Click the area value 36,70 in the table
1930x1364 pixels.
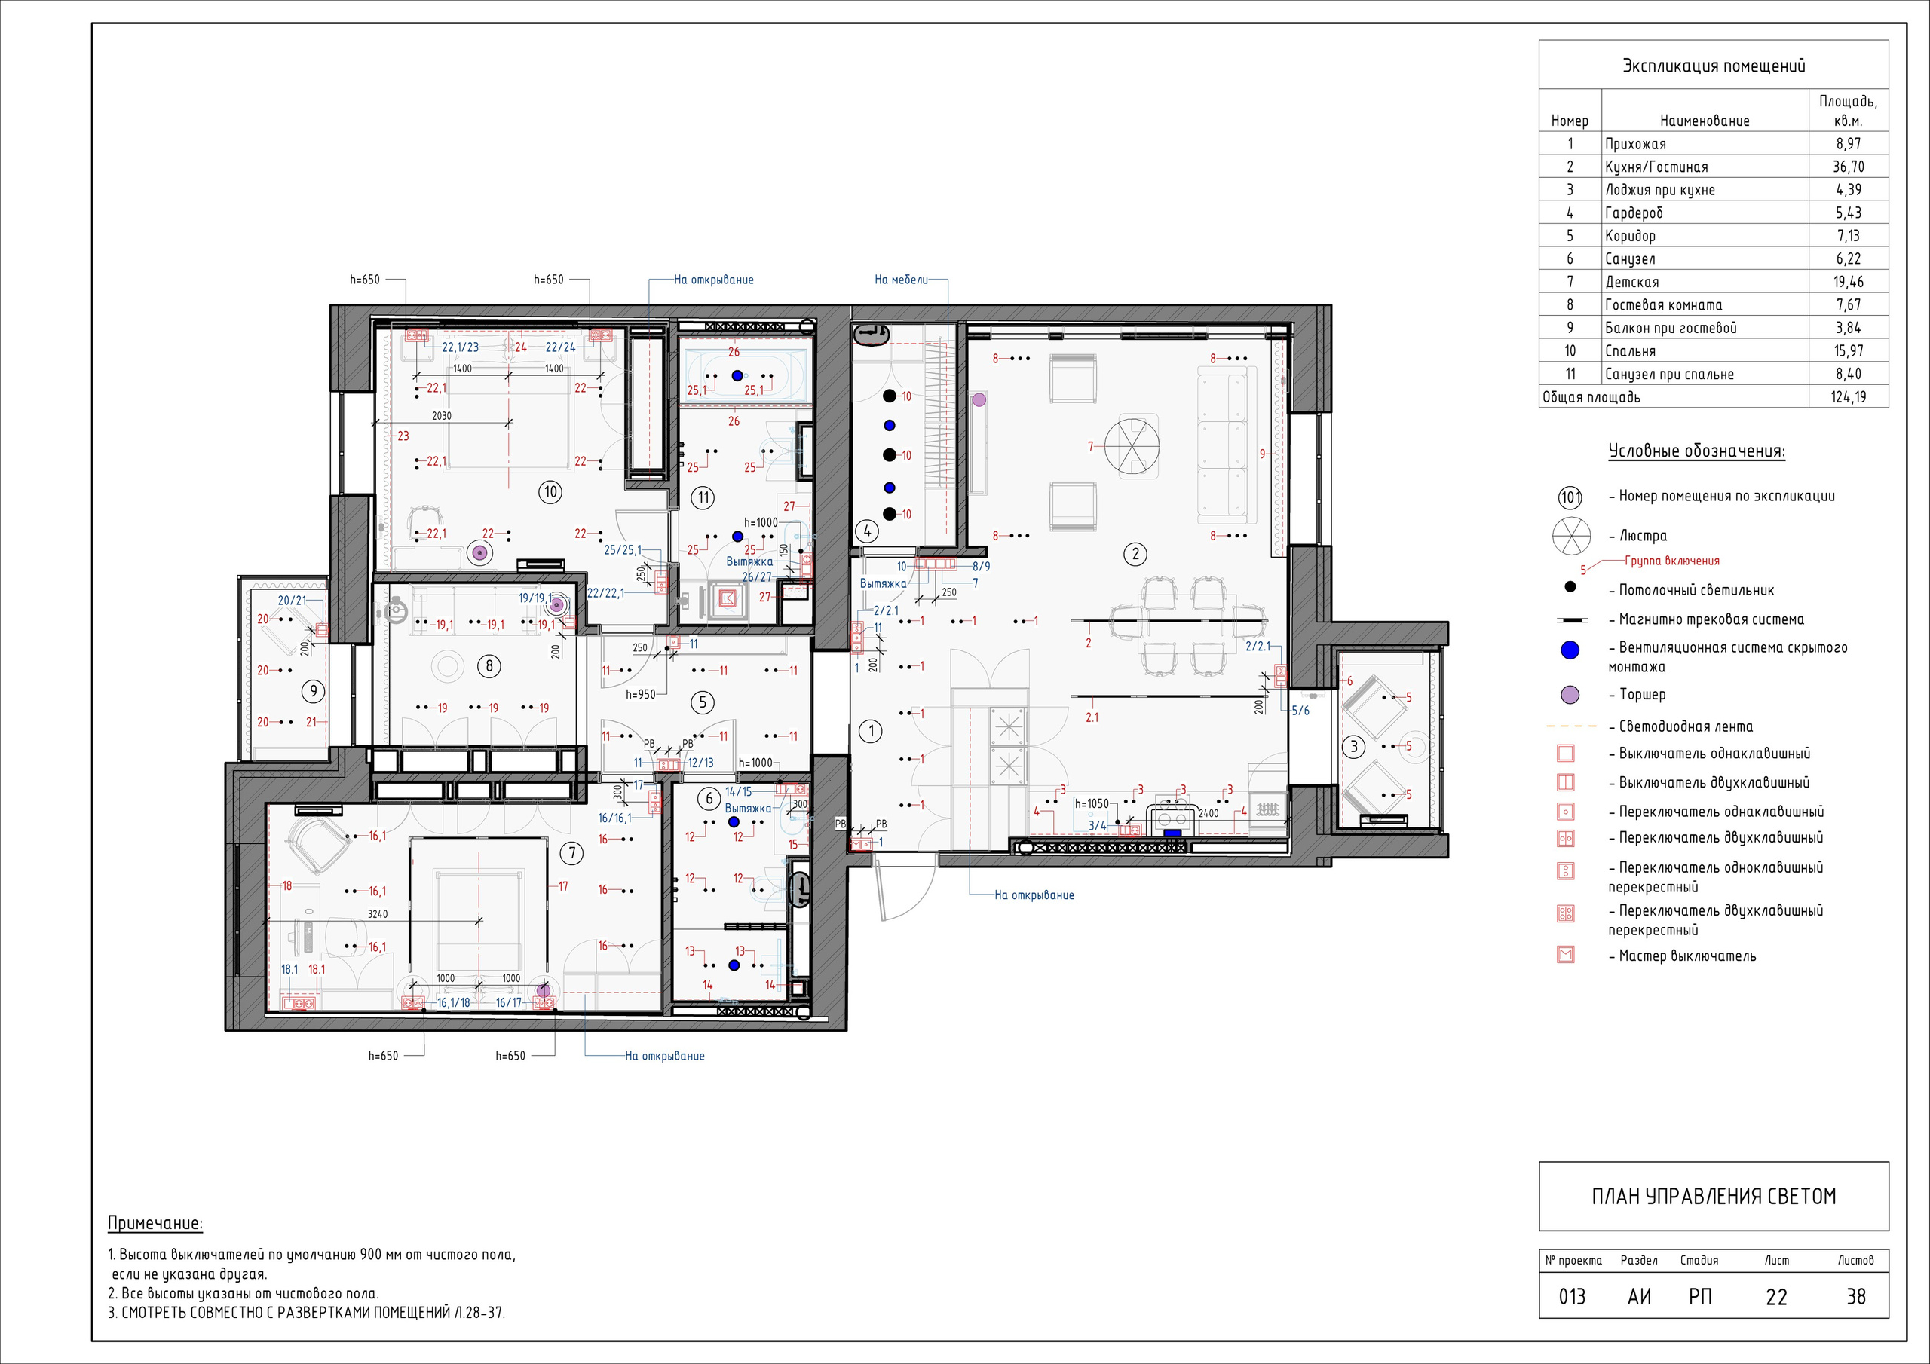(x=1848, y=167)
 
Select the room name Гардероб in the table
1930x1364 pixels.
(x=1633, y=213)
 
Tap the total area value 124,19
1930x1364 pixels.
(x=1849, y=396)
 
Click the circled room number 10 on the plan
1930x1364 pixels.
(x=550, y=491)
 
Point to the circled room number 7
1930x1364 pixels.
(x=572, y=853)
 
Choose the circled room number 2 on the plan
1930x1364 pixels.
(x=1135, y=553)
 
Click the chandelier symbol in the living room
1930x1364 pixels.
(x=1132, y=445)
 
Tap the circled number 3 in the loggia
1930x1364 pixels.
(x=1353, y=746)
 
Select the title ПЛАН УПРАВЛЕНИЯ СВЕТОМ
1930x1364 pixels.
(x=1713, y=1196)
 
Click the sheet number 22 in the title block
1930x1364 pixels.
(x=1776, y=1297)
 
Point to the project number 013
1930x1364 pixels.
(x=1571, y=1297)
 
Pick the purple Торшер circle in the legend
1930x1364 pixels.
(x=1570, y=695)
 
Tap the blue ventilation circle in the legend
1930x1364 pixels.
(x=1570, y=650)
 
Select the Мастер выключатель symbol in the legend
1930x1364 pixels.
(x=1565, y=955)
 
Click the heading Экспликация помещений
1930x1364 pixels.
(x=1713, y=66)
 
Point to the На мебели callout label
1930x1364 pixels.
(x=901, y=280)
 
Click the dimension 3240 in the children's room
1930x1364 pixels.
(x=378, y=913)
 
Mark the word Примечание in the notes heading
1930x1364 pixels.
(x=155, y=1224)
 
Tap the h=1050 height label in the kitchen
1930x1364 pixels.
(x=1092, y=803)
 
